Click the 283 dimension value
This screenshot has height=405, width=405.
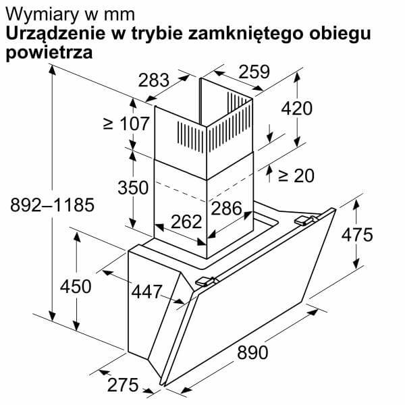click(154, 80)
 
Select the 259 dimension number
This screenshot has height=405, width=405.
click(254, 72)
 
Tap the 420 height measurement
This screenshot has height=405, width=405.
click(297, 108)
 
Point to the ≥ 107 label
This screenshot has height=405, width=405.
click(126, 124)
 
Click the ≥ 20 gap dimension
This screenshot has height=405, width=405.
click(296, 175)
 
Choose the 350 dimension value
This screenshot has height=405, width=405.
click(133, 187)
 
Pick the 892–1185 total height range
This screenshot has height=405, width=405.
click(53, 205)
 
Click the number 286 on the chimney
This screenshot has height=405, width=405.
click(227, 208)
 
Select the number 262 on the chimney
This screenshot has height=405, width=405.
click(186, 221)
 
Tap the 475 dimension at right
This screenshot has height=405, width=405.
click(357, 235)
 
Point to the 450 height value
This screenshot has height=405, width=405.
click(76, 286)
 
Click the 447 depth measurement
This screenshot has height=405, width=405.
click(147, 292)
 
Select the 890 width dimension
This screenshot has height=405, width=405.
click(252, 352)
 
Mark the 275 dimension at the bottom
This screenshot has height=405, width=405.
click(123, 385)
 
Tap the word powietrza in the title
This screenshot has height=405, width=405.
click(49, 53)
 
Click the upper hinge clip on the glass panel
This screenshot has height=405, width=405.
click(306, 220)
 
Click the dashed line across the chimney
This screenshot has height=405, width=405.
click(204, 190)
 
